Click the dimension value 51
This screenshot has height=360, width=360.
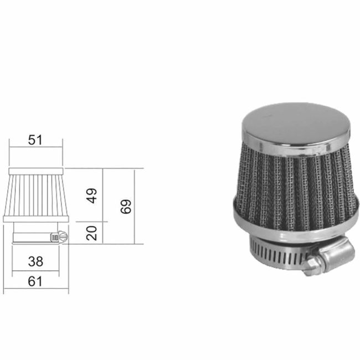coord(35,140)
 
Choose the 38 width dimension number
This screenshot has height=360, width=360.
coord(35,261)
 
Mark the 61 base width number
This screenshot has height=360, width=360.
coord(35,282)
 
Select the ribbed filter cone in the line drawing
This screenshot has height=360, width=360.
coord(35,197)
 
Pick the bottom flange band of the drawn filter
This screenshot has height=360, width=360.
coord(35,220)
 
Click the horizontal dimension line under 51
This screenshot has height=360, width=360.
coord(35,149)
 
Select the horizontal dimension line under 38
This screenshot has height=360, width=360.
coord(35,271)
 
